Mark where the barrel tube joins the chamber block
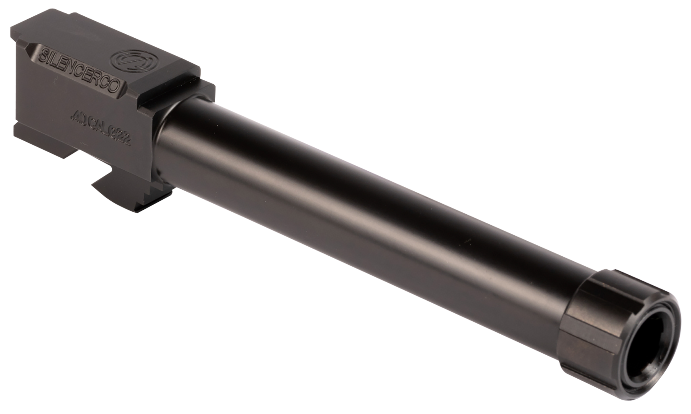[x=159, y=139]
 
